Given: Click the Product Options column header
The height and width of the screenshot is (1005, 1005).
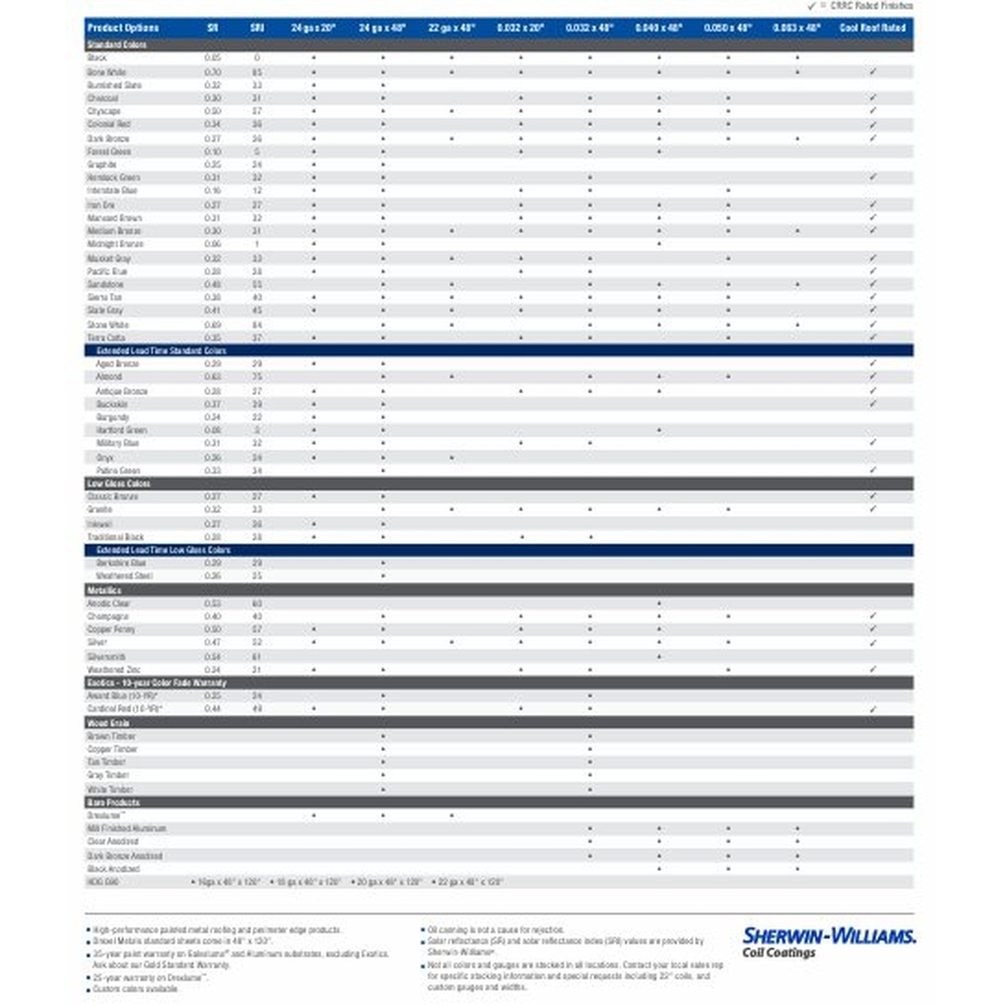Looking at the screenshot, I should point(123,28).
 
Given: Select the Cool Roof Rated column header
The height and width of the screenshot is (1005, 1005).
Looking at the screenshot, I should point(872,28).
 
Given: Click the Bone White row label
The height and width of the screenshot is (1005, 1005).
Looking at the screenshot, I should point(107,72).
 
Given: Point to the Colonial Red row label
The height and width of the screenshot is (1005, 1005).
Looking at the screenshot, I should point(109,124).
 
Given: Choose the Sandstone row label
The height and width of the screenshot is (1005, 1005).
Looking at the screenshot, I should point(106,284).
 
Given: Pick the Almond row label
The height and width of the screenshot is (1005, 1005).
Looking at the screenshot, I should point(109,376).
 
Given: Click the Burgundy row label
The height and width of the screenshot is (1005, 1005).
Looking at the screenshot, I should point(113,417).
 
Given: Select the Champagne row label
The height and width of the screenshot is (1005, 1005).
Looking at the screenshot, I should point(108,617).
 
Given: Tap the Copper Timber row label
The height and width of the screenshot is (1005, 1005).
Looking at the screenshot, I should point(113,749).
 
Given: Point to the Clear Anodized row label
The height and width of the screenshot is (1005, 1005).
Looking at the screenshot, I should point(113,841).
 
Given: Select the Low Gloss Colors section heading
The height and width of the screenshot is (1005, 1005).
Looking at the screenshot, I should point(119,483).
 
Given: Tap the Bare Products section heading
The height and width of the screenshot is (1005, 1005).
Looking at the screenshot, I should point(113,802).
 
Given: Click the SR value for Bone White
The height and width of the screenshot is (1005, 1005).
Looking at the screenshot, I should point(212,72).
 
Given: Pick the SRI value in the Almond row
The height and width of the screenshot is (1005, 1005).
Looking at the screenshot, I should point(257,376).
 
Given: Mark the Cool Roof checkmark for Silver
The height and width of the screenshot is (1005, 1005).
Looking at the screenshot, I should point(873,643).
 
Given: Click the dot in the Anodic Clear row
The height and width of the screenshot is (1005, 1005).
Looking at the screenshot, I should point(659,604).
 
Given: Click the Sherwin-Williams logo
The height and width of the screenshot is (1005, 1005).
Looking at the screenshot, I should point(829,942).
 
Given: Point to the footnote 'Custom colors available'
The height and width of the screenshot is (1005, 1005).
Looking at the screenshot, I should point(135,989).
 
